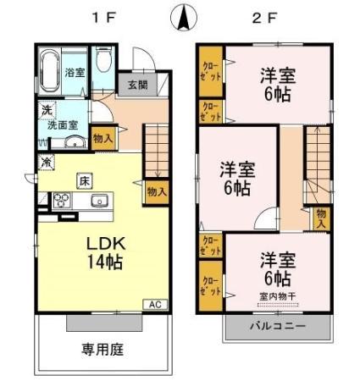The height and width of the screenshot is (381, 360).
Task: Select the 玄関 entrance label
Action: click(x=137, y=85)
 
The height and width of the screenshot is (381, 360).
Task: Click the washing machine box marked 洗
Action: click(x=42, y=110)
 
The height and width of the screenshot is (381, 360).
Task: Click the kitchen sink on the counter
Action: click(x=97, y=201)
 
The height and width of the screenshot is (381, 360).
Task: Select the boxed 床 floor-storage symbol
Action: click(x=84, y=179)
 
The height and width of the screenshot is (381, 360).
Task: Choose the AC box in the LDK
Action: click(x=155, y=304)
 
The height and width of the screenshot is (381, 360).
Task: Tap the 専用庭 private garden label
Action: click(x=103, y=348)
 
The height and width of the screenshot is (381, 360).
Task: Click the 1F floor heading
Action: click(x=105, y=16)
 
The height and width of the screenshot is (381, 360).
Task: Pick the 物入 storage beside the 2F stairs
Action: click(x=321, y=218)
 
